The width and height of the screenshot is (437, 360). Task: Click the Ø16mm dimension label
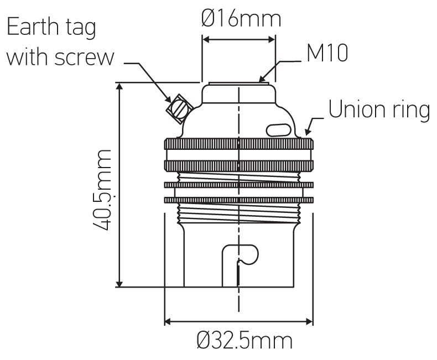[x=241, y=19]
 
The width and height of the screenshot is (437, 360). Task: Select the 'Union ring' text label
[x=379, y=109]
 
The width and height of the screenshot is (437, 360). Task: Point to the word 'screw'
[x=85, y=58]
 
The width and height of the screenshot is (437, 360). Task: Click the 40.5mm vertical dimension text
[x=102, y=190]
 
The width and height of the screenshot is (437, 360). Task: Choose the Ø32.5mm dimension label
[x=244, y=340]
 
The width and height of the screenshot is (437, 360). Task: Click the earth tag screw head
[x=179, y=109]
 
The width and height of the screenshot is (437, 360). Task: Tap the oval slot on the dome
[x=279, y=130]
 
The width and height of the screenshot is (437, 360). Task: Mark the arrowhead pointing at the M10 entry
[x=263, y=78]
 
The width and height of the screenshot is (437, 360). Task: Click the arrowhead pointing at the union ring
[x=308, y=132]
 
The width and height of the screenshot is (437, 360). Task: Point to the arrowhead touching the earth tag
[x=168, y=99]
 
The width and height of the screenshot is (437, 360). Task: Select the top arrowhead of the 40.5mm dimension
[x=119, y=86]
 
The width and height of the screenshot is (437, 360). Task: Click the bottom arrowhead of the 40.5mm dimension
[x=119, y=283]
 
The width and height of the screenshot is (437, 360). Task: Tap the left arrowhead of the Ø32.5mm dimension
[x=168, y=321]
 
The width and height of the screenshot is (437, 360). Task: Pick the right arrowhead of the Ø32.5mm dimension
[x=309, y=321]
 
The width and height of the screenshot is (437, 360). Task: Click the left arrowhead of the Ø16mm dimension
[x=206, y=40]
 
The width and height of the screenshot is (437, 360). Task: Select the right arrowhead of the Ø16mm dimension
[x=272, y=40]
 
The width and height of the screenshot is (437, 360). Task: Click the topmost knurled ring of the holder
[x=239, y=144]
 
